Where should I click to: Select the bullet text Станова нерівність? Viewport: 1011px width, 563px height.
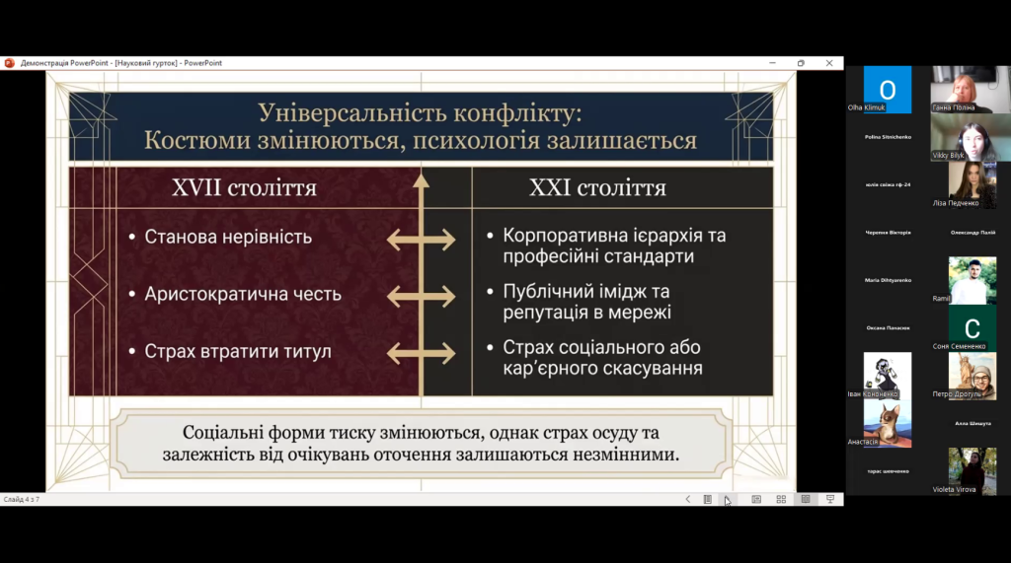[228, 237]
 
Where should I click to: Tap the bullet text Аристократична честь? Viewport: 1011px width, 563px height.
[243, 294]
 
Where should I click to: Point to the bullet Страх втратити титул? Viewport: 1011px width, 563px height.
[238, 351]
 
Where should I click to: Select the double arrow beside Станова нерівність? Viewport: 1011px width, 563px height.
[422, 238]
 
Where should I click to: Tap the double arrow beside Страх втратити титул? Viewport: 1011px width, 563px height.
[422, 352]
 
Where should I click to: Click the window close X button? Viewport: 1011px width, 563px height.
[829, 63]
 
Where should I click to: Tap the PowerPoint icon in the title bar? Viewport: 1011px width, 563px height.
[9, 63]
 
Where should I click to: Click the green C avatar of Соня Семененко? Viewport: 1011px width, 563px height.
[972, 327]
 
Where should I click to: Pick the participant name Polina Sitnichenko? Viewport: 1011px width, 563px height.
[888, 137]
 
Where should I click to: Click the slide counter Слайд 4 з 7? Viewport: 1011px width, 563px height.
[21, 499]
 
